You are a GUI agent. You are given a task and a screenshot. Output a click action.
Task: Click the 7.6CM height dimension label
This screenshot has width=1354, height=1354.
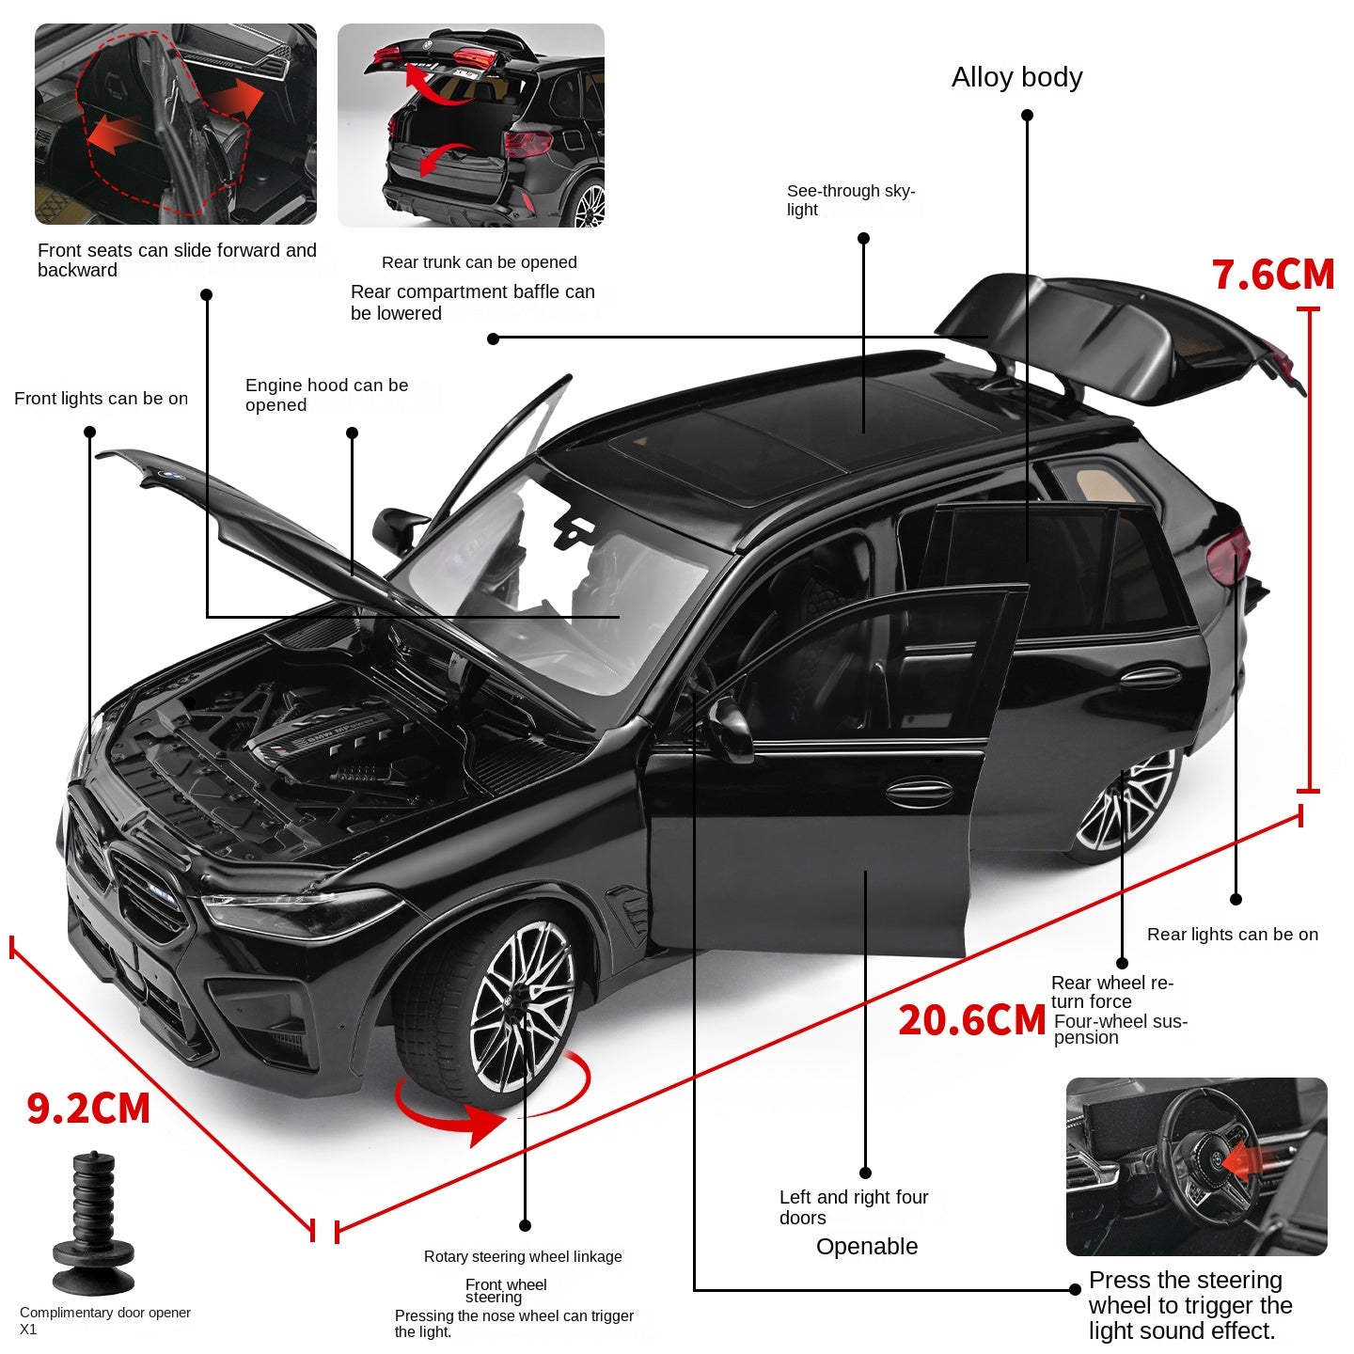1273,275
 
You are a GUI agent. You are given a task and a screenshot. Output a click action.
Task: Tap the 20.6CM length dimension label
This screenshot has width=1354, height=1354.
971,1020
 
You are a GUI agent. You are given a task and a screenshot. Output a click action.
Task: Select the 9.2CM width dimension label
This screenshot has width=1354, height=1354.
88,1108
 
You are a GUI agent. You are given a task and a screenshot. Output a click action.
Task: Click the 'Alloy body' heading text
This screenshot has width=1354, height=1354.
1016,77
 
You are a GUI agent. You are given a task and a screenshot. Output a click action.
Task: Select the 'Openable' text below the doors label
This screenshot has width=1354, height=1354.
866,1246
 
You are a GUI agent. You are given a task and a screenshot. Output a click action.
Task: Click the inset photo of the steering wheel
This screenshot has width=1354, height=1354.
1196,1166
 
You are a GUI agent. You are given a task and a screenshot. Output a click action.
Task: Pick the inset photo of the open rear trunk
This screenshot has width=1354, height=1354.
470,125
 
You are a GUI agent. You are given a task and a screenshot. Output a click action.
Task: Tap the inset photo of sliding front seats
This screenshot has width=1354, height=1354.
176,124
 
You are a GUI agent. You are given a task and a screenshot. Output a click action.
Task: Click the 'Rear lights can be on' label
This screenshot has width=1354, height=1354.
1232,934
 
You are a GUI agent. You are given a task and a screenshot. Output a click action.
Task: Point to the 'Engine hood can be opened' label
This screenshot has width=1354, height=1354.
326,395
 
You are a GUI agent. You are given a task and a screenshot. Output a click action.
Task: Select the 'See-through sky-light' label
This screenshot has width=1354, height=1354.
850,199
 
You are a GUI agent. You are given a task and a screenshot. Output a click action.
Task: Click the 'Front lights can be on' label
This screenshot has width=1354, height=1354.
101,398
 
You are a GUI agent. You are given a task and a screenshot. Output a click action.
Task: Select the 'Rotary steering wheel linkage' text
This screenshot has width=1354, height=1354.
523,1256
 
